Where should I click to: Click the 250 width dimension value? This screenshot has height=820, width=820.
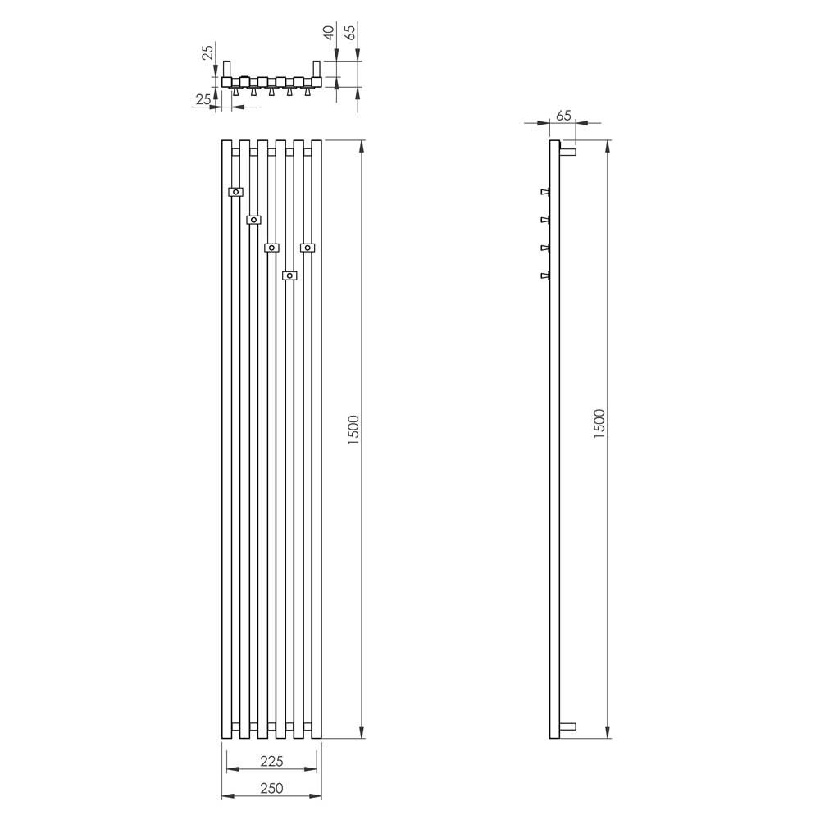click(x=271, y=787)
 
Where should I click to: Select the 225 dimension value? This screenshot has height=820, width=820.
click(x=271, y=762)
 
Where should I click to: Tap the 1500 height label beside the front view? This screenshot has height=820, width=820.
click(x=354, y=430)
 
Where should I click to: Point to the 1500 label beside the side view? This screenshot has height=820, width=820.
click(x=599, y=424)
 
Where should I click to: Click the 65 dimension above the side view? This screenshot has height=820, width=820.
click(x=563, y=116)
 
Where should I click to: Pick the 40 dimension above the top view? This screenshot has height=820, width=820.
click(x=329, y=33)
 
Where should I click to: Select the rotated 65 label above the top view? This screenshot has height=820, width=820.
click(x=351, y=33)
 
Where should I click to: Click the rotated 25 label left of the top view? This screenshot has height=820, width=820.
click(x=207, y=52)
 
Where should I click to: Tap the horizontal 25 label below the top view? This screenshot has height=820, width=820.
click(x=203, y=99)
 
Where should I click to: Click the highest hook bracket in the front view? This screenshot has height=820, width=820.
click(x=236, y=192)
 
